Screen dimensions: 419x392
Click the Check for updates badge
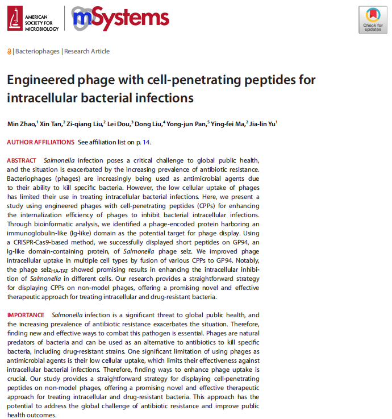(x=373, y=20)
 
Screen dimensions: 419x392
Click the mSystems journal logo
(x=120, y=19)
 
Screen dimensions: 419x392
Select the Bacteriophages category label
(x=37, y=51)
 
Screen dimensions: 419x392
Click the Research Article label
(x=87, y=51)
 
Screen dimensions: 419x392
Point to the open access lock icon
(x=9, y=52)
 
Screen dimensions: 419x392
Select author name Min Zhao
(x=21, y=123)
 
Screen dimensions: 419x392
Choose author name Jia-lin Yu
(x=263, y=123)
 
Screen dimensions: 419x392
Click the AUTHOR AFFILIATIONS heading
(x=40, y=142)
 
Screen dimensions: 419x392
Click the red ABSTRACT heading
(x=22, y=161)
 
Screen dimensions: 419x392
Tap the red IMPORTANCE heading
(x=26, y=315)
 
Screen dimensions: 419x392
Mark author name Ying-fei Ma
(x=227, y=123)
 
